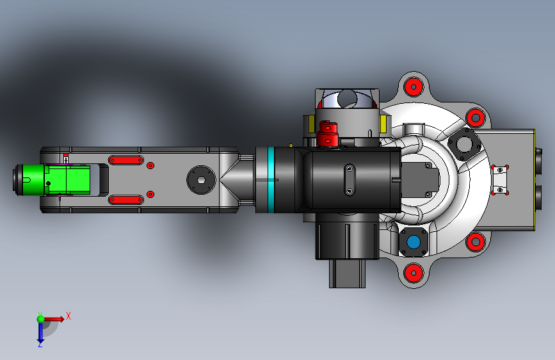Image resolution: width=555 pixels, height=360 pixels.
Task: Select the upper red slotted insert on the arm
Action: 126,160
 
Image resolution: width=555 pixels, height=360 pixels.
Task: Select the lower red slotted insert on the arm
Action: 126,200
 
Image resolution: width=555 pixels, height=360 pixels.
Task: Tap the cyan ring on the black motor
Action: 271,179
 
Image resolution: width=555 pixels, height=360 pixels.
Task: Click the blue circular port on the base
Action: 414,242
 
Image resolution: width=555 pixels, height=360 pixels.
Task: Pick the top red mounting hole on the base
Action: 414,87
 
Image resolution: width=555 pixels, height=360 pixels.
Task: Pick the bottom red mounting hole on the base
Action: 414,273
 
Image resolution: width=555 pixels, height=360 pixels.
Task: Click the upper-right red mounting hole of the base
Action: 476,117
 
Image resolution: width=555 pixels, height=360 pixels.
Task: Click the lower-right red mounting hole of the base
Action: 476,242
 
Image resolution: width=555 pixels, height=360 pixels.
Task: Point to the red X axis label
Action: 68,316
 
